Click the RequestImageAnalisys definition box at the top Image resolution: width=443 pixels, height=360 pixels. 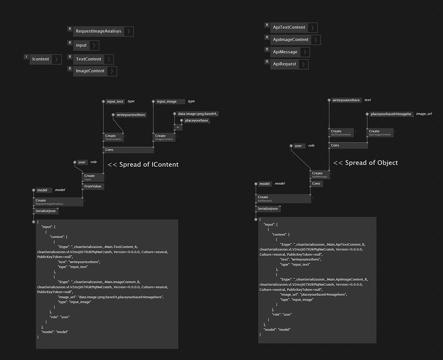point(98,32)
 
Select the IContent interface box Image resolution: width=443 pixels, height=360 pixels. point(40,59)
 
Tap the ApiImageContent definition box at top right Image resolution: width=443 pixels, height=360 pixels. point(291,40)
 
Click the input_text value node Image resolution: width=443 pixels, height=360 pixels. point(115,101)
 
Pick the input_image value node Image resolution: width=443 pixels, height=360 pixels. point(167,101)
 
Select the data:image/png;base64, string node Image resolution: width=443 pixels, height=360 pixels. point(197,114)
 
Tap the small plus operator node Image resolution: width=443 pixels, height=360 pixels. point(178,127)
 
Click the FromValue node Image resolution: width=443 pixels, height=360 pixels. point(93,187)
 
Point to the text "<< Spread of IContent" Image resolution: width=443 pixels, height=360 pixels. point(143,164)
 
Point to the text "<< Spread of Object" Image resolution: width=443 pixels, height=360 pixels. point(365,163)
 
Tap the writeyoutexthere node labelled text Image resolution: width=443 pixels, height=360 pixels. point(346,100)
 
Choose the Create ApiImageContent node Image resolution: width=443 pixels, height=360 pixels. point(380,133)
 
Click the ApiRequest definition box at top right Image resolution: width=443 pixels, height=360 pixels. point(285,64)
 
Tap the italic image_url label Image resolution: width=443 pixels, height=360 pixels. point(424,114)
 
